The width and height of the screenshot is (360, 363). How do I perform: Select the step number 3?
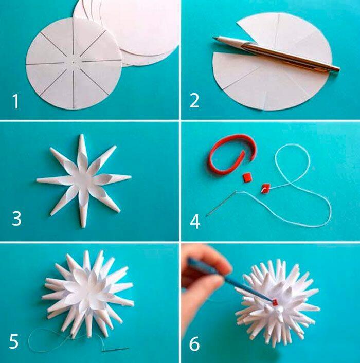point(16,218)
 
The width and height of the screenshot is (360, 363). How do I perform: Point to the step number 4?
point(195,221)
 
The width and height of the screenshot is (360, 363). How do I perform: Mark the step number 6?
point(194,344)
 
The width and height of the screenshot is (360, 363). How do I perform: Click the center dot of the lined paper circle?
point(74,62)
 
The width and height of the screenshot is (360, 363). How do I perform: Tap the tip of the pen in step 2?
point(213,38)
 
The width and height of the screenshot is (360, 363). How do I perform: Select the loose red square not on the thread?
point(246,178)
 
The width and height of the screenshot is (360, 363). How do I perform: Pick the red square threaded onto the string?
point(265,188)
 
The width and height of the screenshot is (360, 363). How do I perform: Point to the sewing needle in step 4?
point(221,204)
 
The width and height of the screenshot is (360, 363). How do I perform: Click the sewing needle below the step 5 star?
point(115,349)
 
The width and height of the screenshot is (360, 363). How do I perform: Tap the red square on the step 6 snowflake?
point(275,302)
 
